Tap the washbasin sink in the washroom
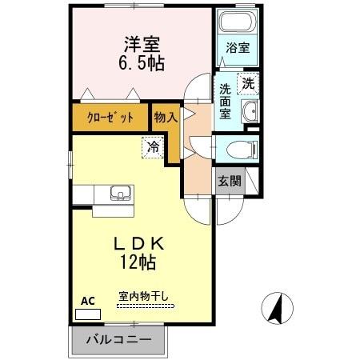(250, 111)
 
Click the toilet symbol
(241, 149)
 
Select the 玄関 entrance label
(230, 181)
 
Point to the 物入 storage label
(166, 117)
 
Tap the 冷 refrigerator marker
(152, 147)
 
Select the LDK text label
(144, 242)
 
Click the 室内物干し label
(143, 296)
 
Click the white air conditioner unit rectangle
(85, 314)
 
